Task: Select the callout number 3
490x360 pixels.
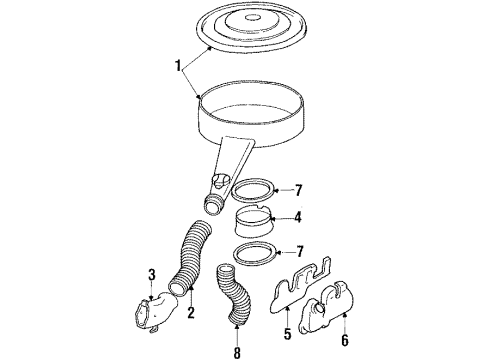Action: [151, 274]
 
